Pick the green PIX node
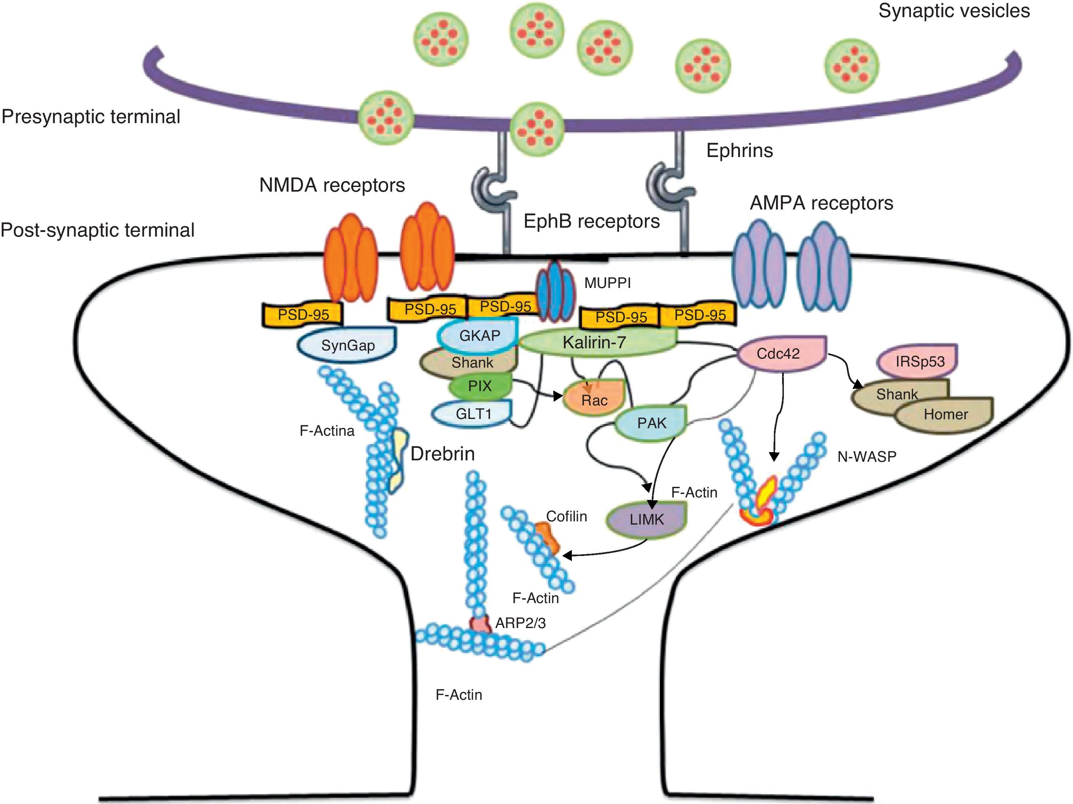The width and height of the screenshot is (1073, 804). point(480,386)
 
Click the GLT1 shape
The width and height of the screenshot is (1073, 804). point(473,414)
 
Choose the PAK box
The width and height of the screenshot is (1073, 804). point(651,423)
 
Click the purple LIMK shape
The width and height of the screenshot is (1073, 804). point(646,519)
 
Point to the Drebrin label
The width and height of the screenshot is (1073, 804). point(442,454)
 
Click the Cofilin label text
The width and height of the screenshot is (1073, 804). point(566,516)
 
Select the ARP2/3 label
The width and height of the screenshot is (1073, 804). point(520,623)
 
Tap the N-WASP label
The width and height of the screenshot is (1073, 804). point(867,456)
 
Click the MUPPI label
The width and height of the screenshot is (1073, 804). point(607,283)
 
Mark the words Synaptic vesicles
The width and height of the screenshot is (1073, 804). point(954,11)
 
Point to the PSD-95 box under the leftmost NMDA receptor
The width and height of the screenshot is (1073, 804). point(303,315)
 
